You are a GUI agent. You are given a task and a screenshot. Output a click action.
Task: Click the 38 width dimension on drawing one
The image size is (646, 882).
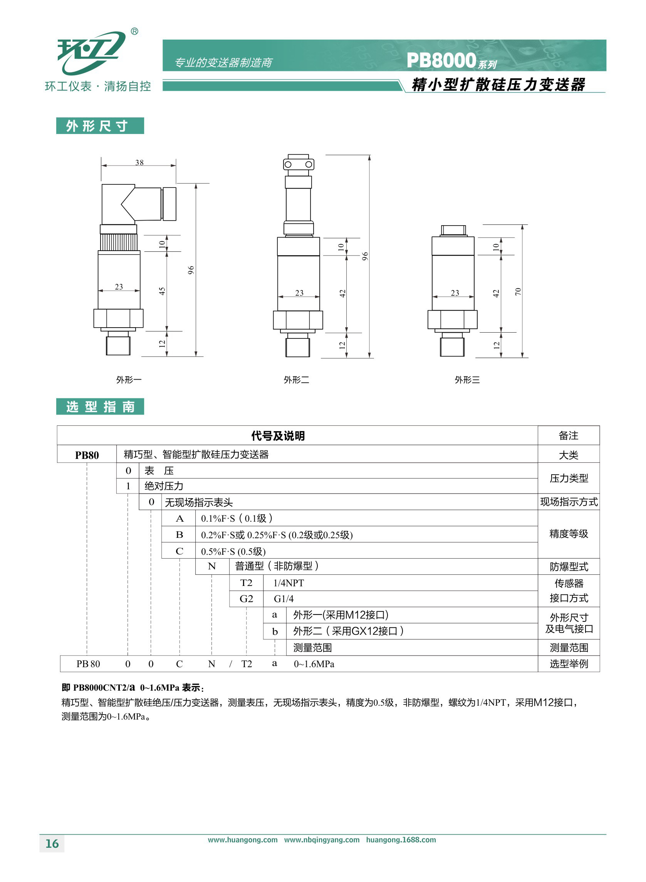click(139, 162)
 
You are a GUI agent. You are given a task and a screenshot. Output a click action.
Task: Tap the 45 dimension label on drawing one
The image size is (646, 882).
click(162, 291)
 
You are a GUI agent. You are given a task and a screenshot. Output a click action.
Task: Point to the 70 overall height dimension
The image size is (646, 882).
click(518, 291)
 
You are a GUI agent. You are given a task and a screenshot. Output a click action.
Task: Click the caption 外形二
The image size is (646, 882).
click(296, 380)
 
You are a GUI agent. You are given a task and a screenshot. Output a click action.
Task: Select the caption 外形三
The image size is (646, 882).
click(467, 380)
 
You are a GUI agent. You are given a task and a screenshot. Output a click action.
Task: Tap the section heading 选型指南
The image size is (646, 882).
click(101, 407)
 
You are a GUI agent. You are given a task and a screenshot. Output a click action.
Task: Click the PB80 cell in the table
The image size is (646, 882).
click(87, 455)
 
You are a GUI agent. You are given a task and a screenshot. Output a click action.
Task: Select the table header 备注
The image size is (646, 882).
click(569, 435)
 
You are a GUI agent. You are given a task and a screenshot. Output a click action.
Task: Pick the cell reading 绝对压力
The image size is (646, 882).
click(164, 486)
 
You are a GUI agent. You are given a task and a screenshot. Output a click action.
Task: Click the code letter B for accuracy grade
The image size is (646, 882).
click(180, 534)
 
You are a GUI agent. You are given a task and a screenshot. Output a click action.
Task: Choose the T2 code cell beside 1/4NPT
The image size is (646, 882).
click(247, 582)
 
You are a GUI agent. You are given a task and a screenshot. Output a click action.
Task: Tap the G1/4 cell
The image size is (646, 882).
click(284, 599)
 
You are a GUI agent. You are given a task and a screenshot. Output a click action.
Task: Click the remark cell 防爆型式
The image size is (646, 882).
click(569, 567)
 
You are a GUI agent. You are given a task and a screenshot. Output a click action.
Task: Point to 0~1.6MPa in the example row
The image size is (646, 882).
click(314, 664)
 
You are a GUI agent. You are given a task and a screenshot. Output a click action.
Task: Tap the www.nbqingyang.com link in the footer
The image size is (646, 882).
click(322, 840)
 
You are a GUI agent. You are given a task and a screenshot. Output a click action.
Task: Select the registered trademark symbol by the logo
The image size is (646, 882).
click(134, 31)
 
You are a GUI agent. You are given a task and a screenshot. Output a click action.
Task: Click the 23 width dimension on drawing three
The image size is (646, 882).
click(455, 293)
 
